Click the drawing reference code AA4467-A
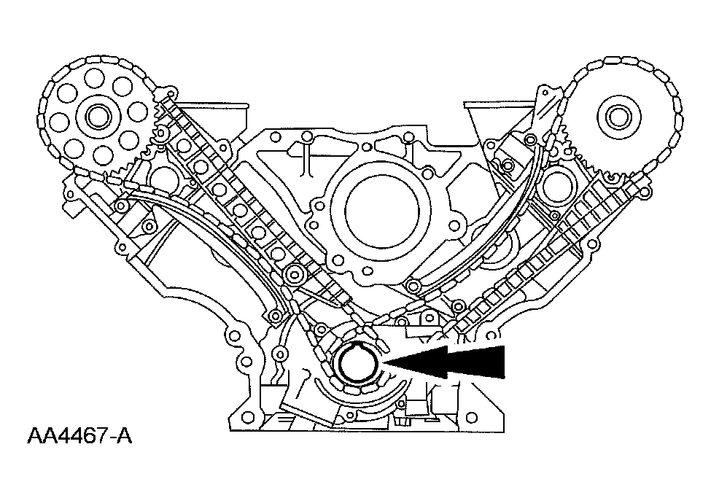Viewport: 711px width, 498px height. pyautogui.click(x=80, y=437)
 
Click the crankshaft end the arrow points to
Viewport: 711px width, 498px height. pyautogui.click(x=357, y=362)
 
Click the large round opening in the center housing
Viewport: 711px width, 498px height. pyautogui.click(x=378, y=203)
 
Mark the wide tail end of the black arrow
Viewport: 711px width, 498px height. pyautogui.click(x=503, y=362)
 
